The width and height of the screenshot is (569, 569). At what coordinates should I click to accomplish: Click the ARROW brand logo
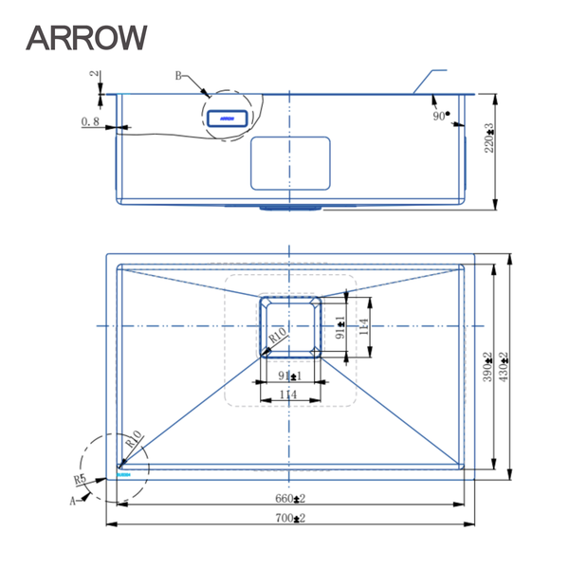86,37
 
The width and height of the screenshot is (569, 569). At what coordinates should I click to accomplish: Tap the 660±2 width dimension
290,498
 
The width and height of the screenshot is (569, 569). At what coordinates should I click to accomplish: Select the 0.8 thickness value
91,122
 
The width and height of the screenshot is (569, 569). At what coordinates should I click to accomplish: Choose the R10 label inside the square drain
277,335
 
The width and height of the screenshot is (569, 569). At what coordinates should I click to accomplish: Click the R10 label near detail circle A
133,442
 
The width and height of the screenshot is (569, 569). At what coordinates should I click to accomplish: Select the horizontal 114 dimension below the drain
288,395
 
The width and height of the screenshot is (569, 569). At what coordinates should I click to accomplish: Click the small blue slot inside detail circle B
227,119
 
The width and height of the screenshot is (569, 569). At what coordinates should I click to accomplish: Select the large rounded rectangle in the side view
290,161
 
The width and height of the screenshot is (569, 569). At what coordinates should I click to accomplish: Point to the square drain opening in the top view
290,323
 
